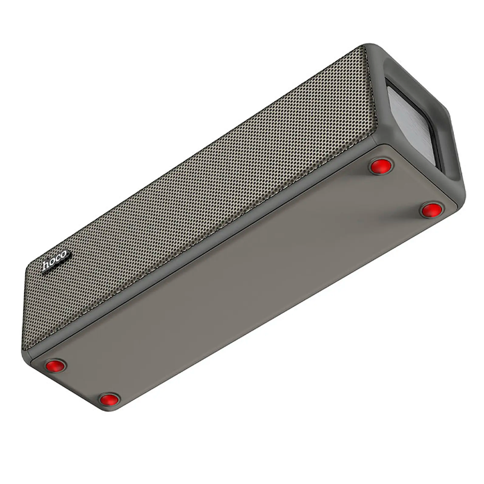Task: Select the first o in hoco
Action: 53,262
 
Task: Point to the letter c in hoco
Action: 57,258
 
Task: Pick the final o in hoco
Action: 63,255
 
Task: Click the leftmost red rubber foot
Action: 56,366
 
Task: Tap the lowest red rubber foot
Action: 110,400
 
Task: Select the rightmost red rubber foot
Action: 431,210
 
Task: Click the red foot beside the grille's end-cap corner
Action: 381,166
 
